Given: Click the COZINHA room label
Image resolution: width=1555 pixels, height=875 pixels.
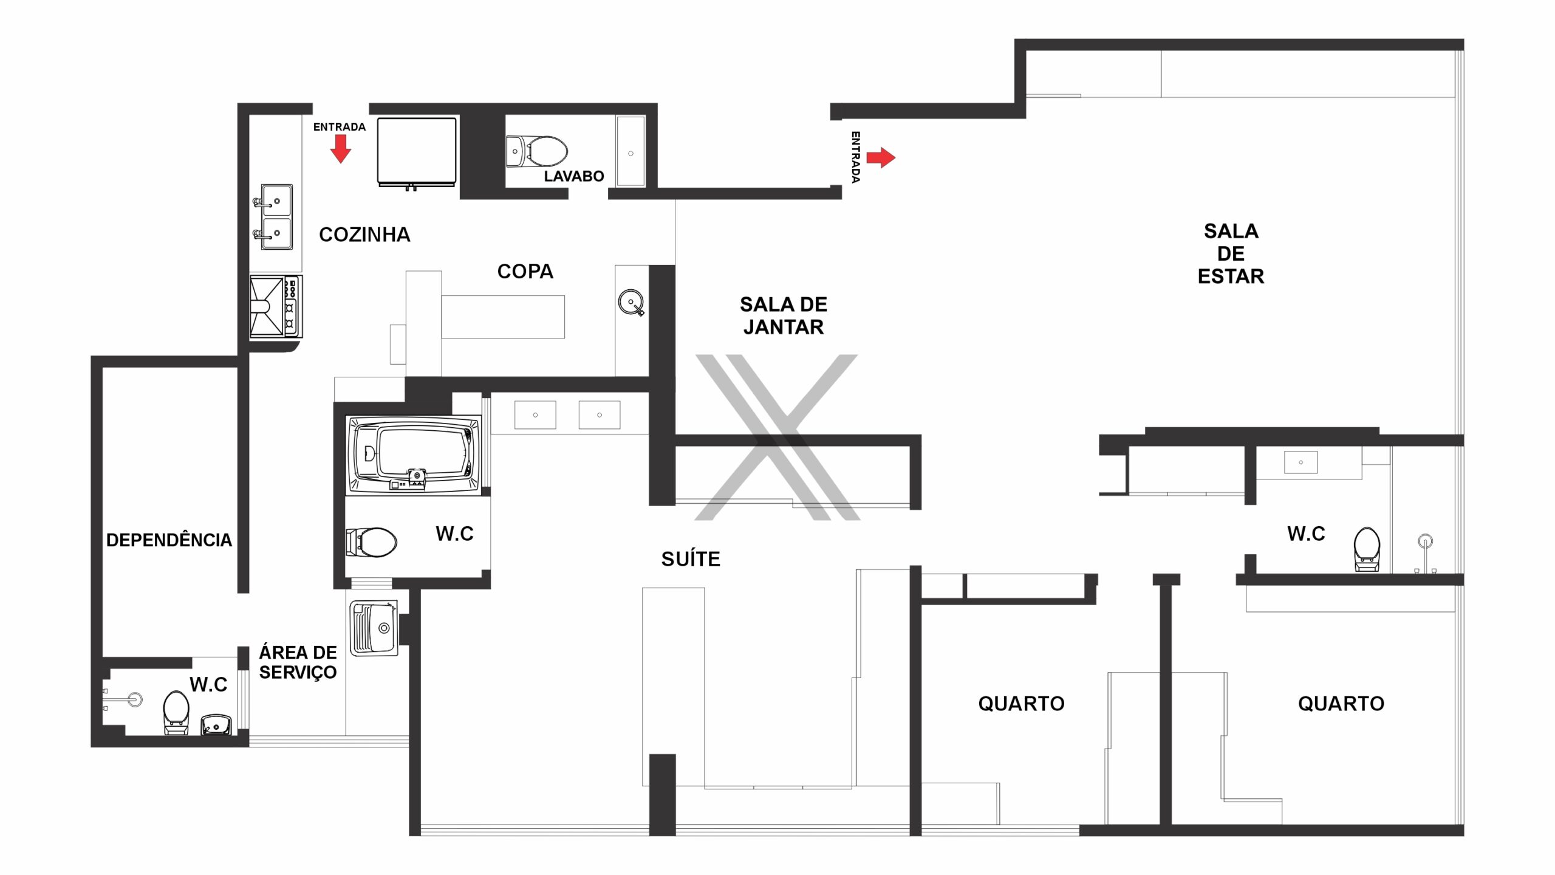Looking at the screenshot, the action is pos(364,235).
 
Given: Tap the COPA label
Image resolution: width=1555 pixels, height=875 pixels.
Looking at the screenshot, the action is pos(525,272).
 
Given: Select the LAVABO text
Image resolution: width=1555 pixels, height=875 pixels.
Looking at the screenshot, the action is pos(574,176).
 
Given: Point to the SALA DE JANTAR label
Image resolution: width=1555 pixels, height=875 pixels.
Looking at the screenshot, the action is pos(784,316).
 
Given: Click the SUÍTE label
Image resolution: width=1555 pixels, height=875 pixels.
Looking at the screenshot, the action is pos(691,558).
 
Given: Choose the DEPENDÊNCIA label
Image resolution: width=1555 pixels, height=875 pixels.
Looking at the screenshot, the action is pos(169,540).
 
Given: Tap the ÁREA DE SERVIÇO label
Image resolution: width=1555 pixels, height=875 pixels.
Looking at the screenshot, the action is pos(298,662).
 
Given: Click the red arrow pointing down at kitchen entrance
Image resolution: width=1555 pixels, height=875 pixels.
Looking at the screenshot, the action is pos(341,149).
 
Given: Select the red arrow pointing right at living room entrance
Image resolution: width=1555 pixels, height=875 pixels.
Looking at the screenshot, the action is pos(881,157).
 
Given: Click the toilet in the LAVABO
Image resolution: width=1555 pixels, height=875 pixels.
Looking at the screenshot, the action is pos(538,151).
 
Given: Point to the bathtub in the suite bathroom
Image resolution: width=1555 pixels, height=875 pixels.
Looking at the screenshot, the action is pos(413,455).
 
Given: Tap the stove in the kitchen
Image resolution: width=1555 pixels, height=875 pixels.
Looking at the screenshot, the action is pos(276,307).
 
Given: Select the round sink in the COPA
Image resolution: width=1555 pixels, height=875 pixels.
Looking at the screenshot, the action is pos(631,302).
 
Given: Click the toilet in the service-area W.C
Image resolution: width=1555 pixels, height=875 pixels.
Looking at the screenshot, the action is pos(176,712).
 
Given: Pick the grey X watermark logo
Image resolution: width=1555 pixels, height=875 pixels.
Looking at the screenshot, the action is pos(777,437).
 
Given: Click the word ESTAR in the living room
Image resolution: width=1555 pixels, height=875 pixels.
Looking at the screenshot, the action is pos(1231,276).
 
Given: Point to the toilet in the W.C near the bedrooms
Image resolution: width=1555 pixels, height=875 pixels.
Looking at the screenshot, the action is pos(1367,549).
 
